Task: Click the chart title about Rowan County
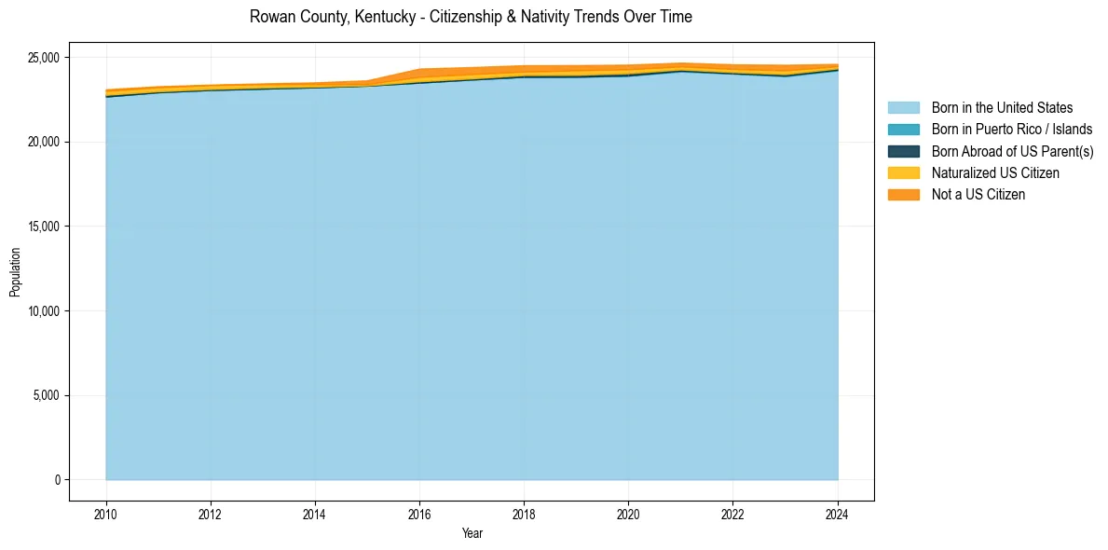pyautogui.click(x=471, y=17)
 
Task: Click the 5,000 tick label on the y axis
pyautogui.click(x=48, y=395)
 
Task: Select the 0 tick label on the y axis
pyautogui.click(x=58, y=480)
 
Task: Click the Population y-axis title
pyautogui.click(x=15, y=272)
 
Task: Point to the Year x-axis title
pyautogui.click(x=472, y=533)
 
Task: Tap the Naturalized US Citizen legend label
pyautogui.click(x=995, y=172)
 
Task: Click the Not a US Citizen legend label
pyautogui.click(x=978, y=194)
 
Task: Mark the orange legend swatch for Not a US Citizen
pyautogui.click(x=903, y=194)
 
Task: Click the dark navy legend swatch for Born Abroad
pyautogui.click(x=903, y=151)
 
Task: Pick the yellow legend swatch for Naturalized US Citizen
pyautogui.click(x=903, y=172)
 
